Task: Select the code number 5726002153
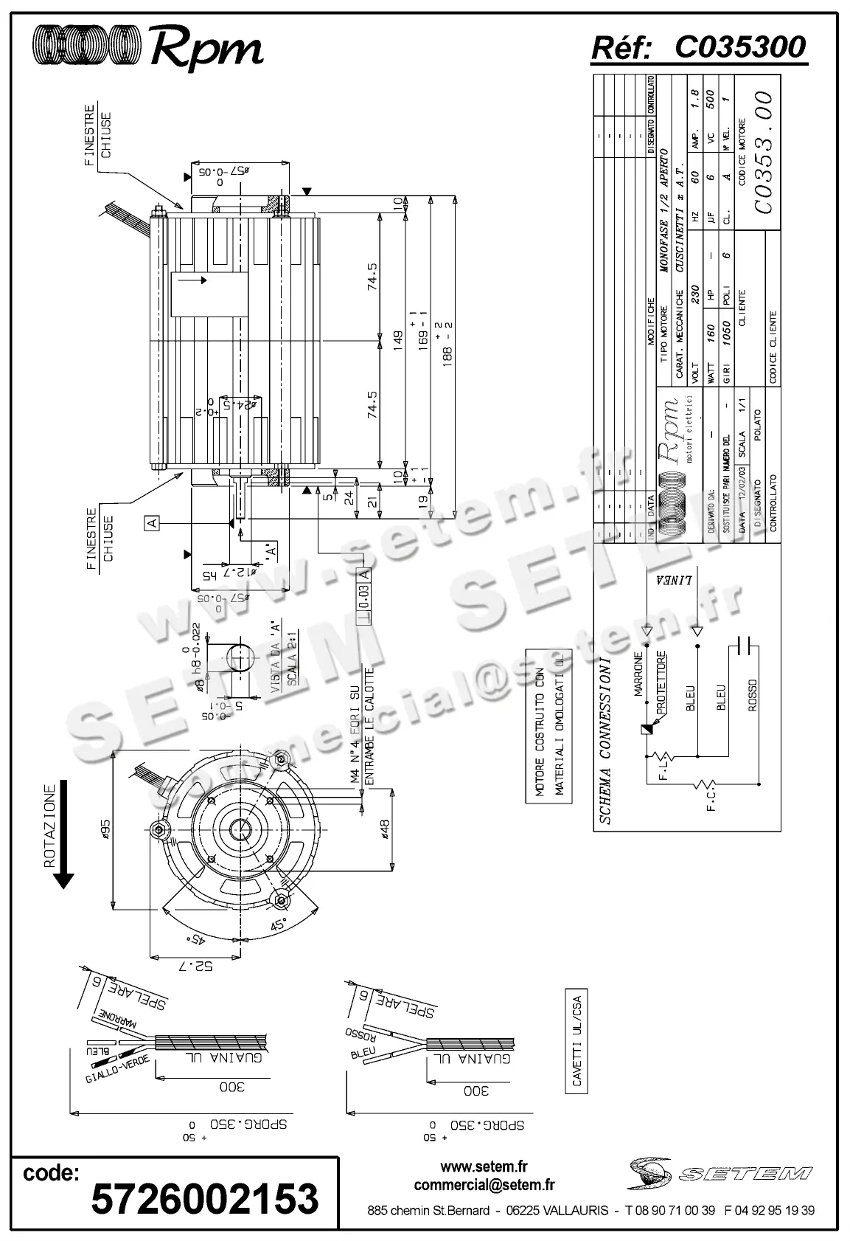point(204,1197)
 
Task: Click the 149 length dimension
point(398,342)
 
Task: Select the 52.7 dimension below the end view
point(193,966)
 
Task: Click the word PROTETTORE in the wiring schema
point(661,681)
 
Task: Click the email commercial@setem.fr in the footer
point(484,1185)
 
